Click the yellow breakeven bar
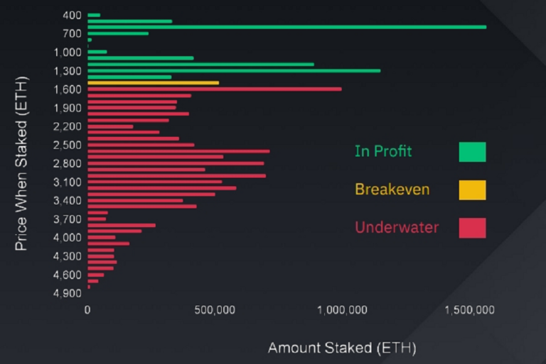pos(153,83)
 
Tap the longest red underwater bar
pos(214,89)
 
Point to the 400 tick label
pos(73,15)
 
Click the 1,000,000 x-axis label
pos(343,310)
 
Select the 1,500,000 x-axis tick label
pos(470,310)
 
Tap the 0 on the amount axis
pos(87,310)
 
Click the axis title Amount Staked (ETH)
pos(341,348)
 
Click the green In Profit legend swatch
pos(472,152)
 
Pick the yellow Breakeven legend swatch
pos(472,190)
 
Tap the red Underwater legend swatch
pos(472,228)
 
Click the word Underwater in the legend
pos(396,228)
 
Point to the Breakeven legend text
pos(392,189)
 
